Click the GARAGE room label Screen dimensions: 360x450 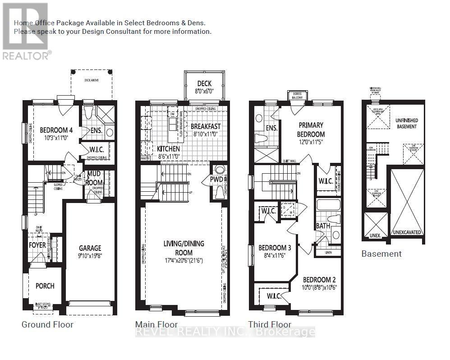[90, 248]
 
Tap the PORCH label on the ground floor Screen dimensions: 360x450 [45, 286]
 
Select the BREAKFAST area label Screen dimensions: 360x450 [205, 126]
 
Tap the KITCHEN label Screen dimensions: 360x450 [168, 149]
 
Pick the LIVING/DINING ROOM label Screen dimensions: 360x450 [184, 248]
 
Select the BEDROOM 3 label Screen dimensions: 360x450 [275, 248]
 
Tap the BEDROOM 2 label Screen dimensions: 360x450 [319, 280]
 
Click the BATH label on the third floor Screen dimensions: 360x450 [322, 226]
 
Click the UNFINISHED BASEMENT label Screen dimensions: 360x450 [406, 123]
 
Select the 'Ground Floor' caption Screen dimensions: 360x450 [47, 324]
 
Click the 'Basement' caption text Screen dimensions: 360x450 [381, 254]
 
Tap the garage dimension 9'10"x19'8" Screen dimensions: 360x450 [90, 256]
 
